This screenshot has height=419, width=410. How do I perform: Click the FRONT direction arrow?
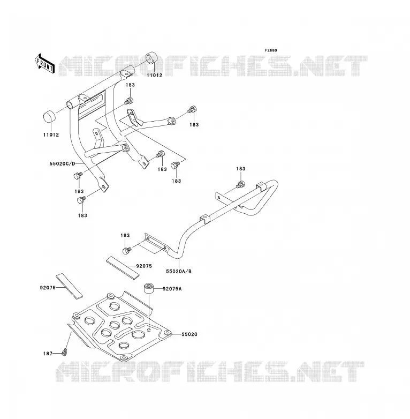click(44, 64)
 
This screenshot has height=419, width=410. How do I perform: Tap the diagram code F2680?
click(271, 50)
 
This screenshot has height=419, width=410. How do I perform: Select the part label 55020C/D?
click(63, 163)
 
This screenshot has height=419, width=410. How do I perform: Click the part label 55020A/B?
click(179, 272)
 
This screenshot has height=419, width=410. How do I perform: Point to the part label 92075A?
click(172, 289)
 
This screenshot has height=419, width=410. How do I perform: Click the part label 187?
click(48, 354)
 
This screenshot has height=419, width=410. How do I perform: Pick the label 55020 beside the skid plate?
click(189, 334)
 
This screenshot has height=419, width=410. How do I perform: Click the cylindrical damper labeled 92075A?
click(149, 289)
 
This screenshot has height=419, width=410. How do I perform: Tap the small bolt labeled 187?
click(64, 353)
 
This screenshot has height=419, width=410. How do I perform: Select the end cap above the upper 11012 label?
click(151, 59)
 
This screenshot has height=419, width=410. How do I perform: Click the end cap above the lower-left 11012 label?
click(49, 116)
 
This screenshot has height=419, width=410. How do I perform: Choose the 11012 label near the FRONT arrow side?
click(51, 135)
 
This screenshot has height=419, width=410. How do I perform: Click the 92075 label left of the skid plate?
click(48, 288)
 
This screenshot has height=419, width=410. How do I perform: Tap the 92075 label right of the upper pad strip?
click(144, 266)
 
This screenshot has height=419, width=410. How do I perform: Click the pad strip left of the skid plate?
click(69, 287)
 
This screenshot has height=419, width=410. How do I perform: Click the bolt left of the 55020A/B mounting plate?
click(126, 251)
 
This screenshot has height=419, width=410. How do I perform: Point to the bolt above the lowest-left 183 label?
click(81, 200)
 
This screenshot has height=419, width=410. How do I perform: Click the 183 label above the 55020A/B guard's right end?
click(240, 169)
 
